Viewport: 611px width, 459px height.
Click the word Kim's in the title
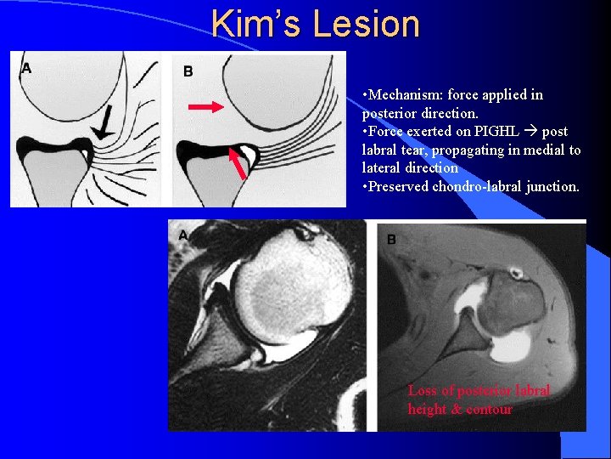(x=257, y=24)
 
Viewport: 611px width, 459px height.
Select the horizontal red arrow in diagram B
(x=205, y=107)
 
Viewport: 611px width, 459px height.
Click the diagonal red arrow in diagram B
(x=239, y=163)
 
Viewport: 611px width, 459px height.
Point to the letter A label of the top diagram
(x=26, y=68)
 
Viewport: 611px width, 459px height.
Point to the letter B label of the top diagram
(x=188, y=71)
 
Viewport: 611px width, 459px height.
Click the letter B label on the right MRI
(x=391, y=240)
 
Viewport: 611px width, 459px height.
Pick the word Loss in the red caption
(x=422, y=391)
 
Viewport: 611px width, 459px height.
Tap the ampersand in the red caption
(x=456, y=410)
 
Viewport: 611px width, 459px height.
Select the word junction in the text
(x=550, y=187)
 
